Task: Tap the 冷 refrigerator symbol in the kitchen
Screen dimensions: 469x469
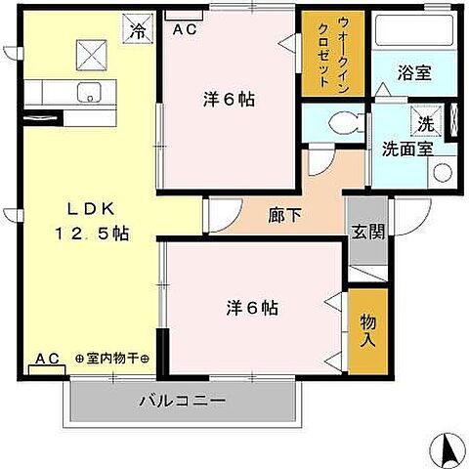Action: tap(138, 30)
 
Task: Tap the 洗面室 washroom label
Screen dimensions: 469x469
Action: tap(406, 149)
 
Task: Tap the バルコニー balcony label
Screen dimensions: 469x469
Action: tap(182, 402)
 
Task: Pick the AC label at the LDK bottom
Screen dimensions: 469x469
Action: tap(47, 359)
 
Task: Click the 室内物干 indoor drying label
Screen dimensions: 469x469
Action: tap(111, 359)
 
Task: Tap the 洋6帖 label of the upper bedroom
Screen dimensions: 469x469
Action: tap(231, 99)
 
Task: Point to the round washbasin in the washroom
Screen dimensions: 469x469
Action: tap(442, 172)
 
